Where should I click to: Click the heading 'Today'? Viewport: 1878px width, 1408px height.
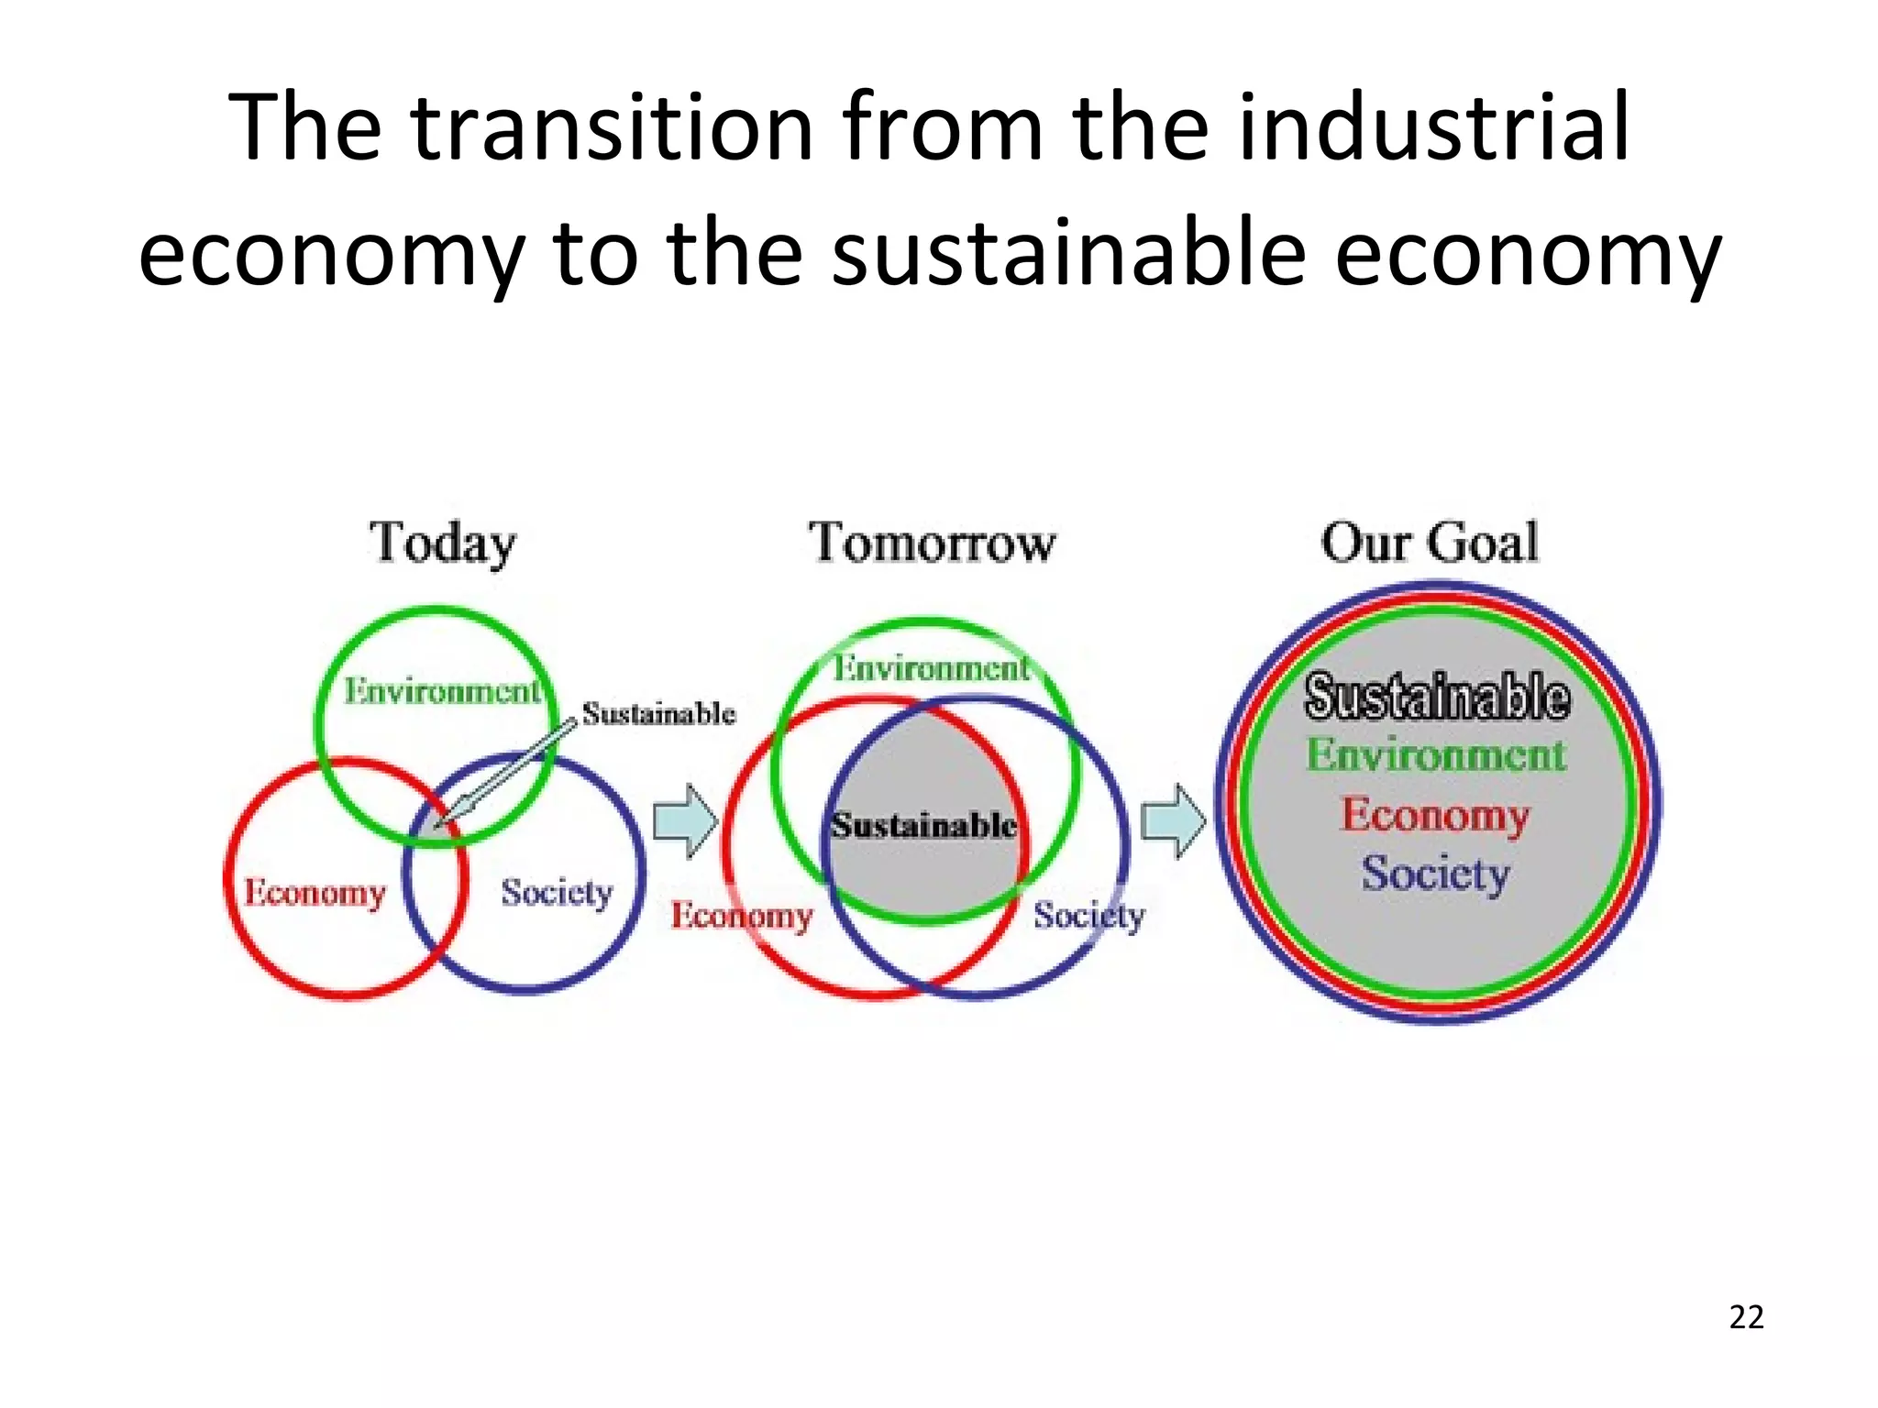(x=442, y=543)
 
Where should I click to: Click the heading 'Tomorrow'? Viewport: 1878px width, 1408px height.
(x=932, y=543)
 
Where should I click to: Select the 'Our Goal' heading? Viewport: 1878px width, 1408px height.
(x=1430, y=543)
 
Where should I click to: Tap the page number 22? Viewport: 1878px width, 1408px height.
(x=1746, y=1317)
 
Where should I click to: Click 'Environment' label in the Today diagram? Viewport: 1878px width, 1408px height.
(x=442, y=691)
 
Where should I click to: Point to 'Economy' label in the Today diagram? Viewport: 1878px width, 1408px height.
(x=315, y=892)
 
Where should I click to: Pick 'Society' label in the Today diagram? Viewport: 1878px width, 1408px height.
(x=557, y=892)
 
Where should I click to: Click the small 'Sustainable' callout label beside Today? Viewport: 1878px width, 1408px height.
(x=658, y=713)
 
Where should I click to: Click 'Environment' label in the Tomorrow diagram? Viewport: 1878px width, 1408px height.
(x=932, y=668)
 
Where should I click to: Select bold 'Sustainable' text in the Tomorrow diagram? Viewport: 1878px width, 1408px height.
(x=923, y=825)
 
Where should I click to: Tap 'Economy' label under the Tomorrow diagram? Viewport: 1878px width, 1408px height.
(x=741, y=915)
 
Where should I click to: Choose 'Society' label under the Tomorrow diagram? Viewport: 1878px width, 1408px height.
(x=1089, y=915)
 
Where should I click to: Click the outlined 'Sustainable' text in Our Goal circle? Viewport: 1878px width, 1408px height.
(x=1437, y=697)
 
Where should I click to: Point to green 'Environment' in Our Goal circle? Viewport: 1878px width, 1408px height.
(x=1436, y=755)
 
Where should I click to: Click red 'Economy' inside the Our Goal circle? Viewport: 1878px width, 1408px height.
(x=1435, y=815)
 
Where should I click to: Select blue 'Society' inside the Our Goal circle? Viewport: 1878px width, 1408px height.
(x=1435, y=874)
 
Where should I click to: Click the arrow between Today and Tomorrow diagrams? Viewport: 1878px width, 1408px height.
(x=685, y=820)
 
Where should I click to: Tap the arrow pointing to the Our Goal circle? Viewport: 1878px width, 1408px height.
(x=1173, y=820)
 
